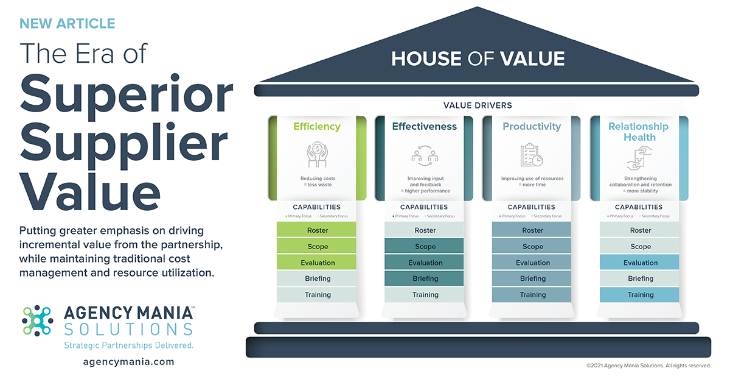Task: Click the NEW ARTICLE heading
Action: point(67,24)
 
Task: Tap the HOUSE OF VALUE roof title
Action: point(478,58)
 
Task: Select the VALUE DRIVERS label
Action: point(478,105)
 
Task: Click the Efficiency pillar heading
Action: point(317,127)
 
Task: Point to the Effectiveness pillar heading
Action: point(424,127)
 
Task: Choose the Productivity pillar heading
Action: point(532,127)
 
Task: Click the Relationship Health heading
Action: point(638,132)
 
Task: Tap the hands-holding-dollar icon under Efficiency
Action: point(318,155)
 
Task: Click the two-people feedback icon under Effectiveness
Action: point(425,156)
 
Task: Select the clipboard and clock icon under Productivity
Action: point(532,155)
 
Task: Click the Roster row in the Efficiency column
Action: point(317,230)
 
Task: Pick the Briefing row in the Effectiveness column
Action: point(425,278)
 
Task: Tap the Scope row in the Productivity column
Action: point(532,247)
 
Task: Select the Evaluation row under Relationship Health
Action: point(640,263)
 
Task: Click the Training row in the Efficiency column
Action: point(317,295)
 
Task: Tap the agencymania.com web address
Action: point(128,361)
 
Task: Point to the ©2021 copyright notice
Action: point(648,366)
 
